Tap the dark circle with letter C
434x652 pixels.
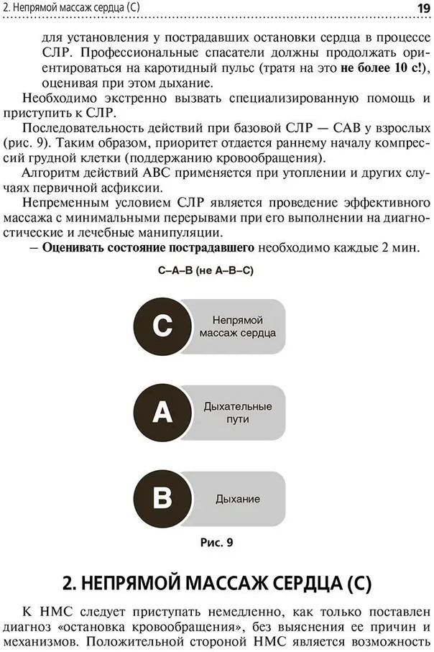[x=162, y=326]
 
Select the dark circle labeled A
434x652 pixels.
[x=162, y=413]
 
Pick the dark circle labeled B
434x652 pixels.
[x=162, y=498]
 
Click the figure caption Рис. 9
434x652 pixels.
[x=216, y=542]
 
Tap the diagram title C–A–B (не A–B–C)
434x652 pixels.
[x=206, y=270]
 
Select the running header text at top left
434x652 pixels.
[x=71, y=7]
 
